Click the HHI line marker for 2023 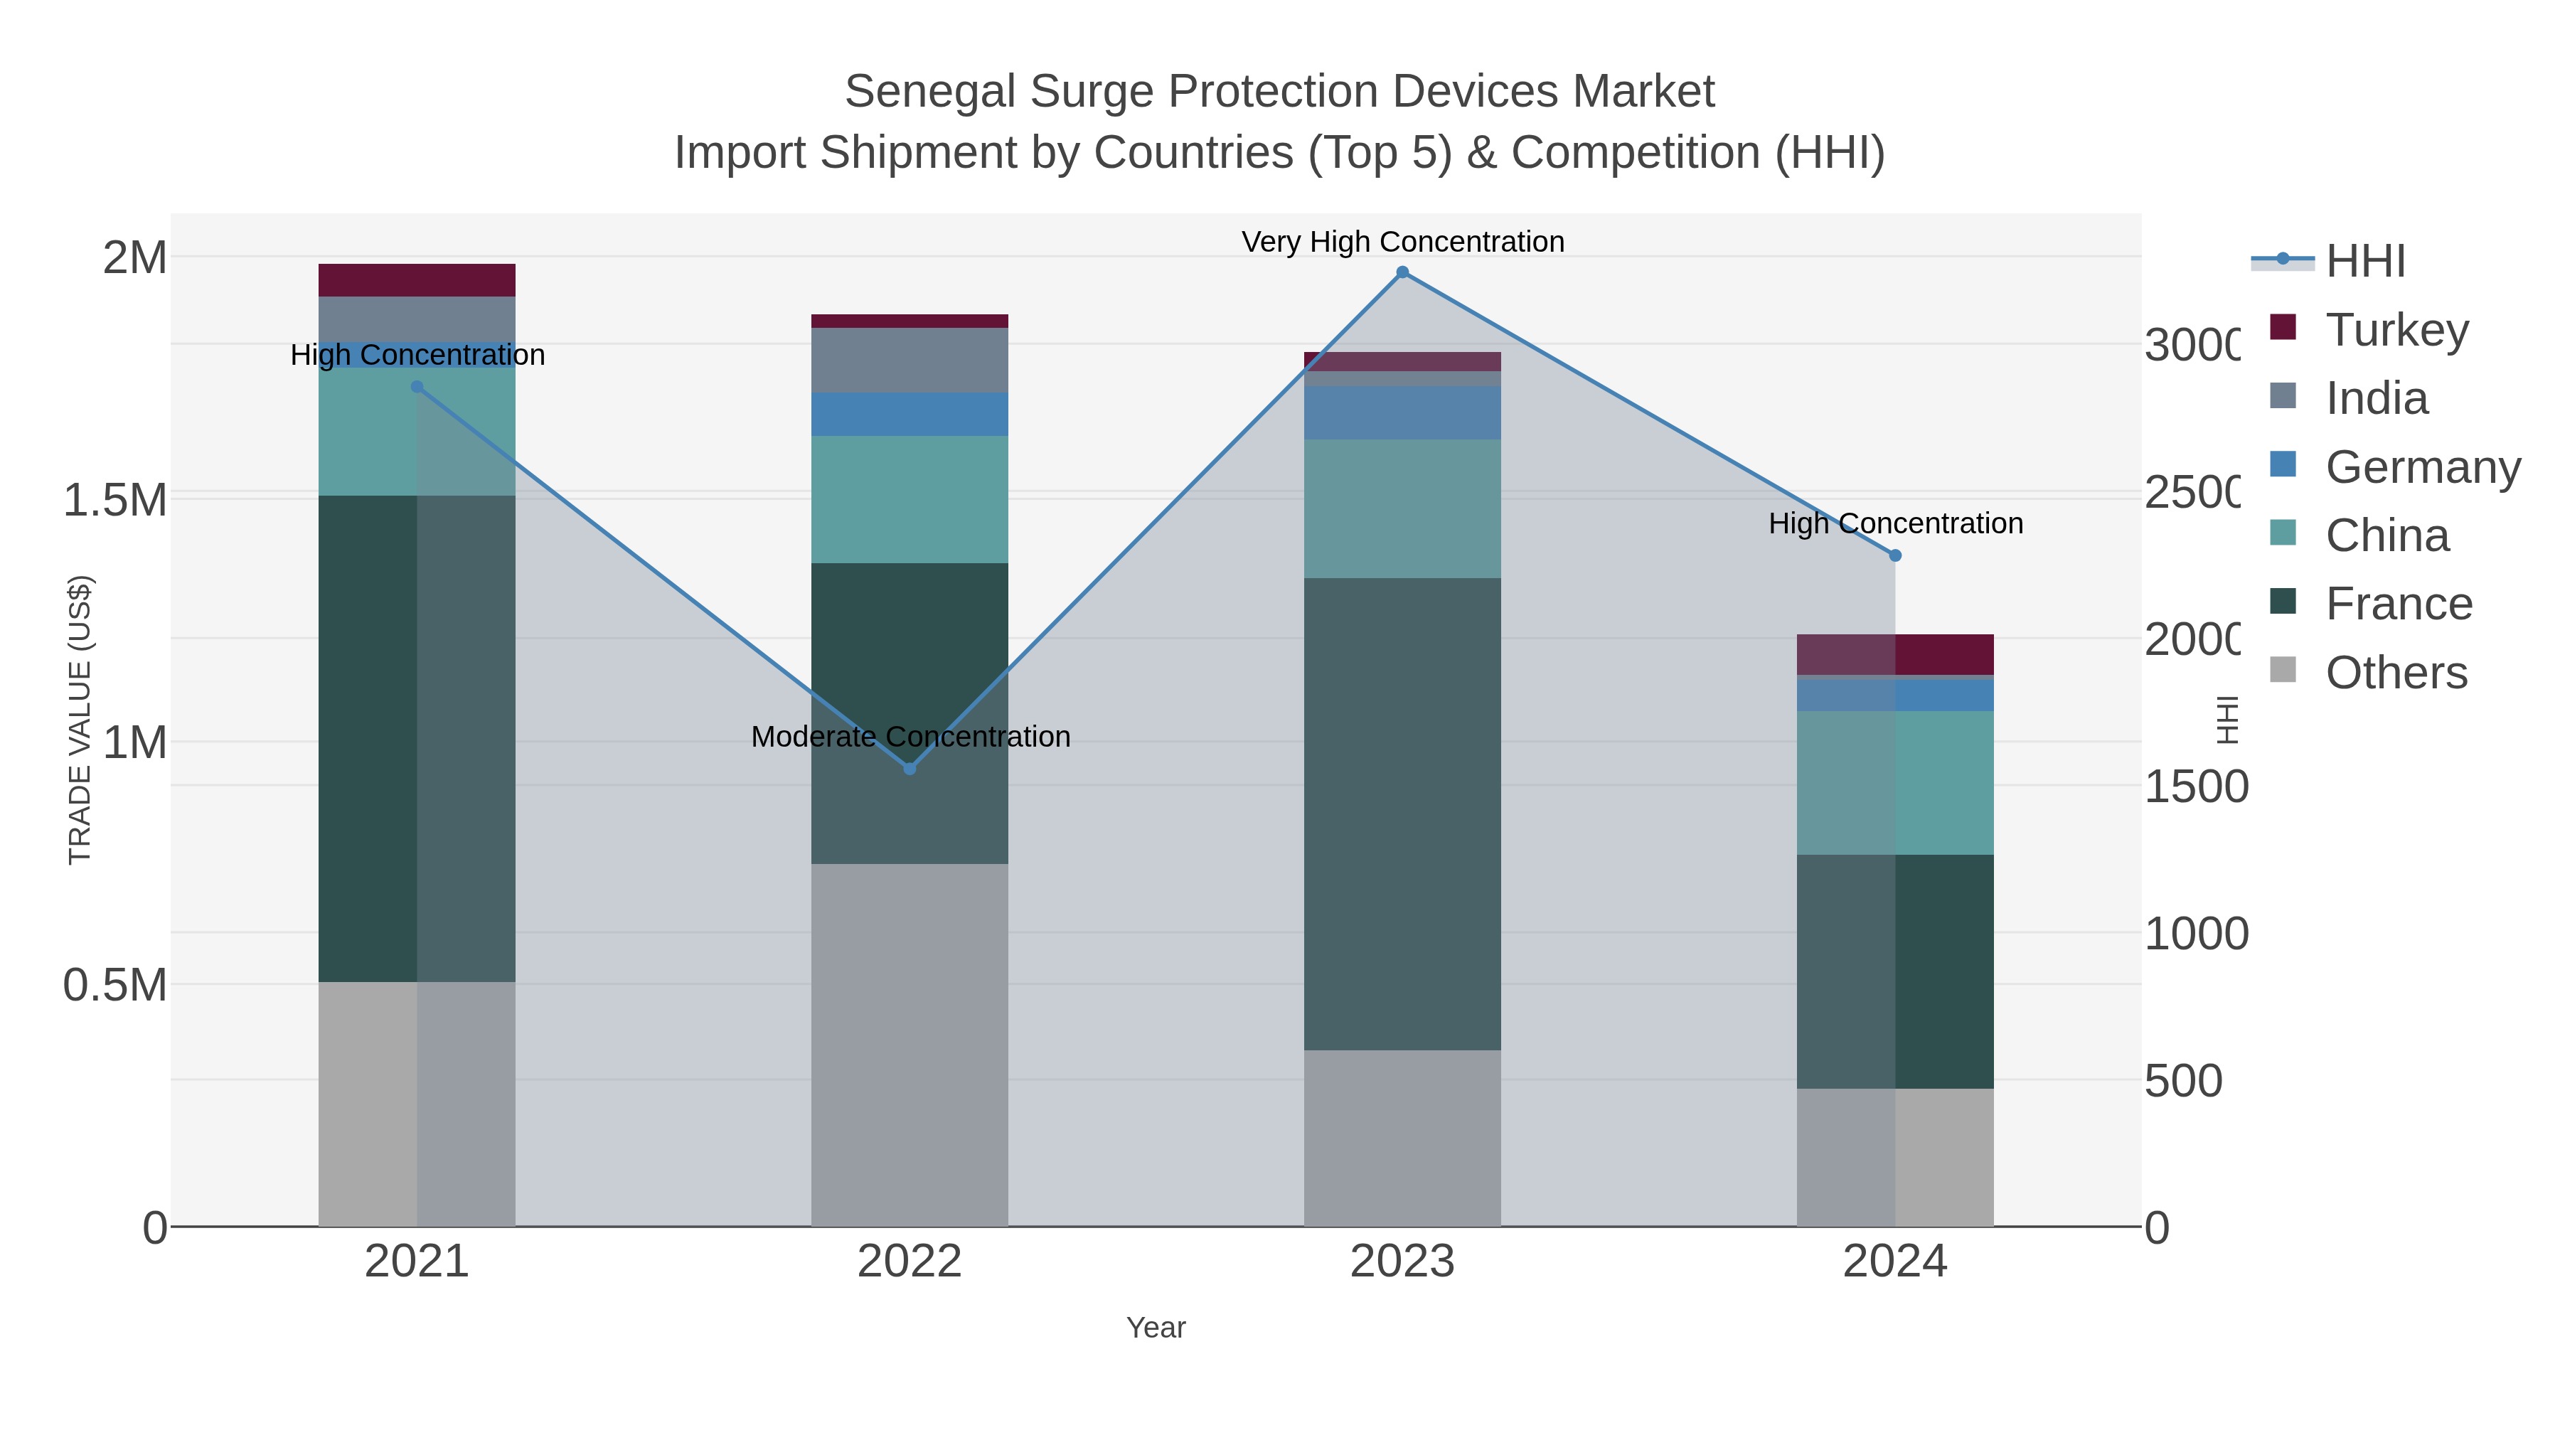pos(1402,272)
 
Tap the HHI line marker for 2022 pos(910,768)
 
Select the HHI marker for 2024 pos(1895,555)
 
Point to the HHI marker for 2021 pos(417,388)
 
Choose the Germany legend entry pos(2422,467)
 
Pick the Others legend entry pos(2395,673)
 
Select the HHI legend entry pos(2364,262)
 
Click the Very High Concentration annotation pos(1402,242)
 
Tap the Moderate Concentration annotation pos(910,737)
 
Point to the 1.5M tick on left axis pos(115,500)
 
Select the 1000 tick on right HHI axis pos(2195,934)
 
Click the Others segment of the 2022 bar pos(910,1043)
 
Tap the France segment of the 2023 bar pos(1402,815)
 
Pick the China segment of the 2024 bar pos(1895,783)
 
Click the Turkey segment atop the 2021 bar pos(417,280)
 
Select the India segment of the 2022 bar pos(910,360)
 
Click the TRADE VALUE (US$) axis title pos(80,720)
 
